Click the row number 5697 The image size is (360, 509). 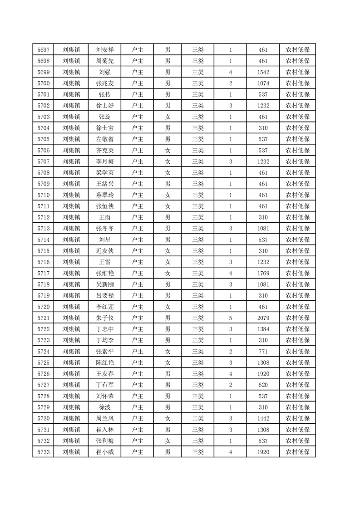[43, 50]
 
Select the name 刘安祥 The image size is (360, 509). [105, 50]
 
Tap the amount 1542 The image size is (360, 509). [263, 72]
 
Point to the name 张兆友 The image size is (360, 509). [105, 83]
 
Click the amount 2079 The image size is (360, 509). [263, 318]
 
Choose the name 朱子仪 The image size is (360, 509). [105, 318]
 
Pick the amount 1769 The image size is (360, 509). [263, 273]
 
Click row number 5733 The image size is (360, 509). [43, 452]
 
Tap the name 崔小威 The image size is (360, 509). [105, 452]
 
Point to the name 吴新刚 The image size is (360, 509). [105, 284]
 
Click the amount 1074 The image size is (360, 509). [263, 83]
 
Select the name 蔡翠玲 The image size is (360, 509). [105, 195]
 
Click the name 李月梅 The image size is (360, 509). [105, 162]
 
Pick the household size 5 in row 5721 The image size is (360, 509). [231, 318]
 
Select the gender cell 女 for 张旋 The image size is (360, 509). [168, 117]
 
